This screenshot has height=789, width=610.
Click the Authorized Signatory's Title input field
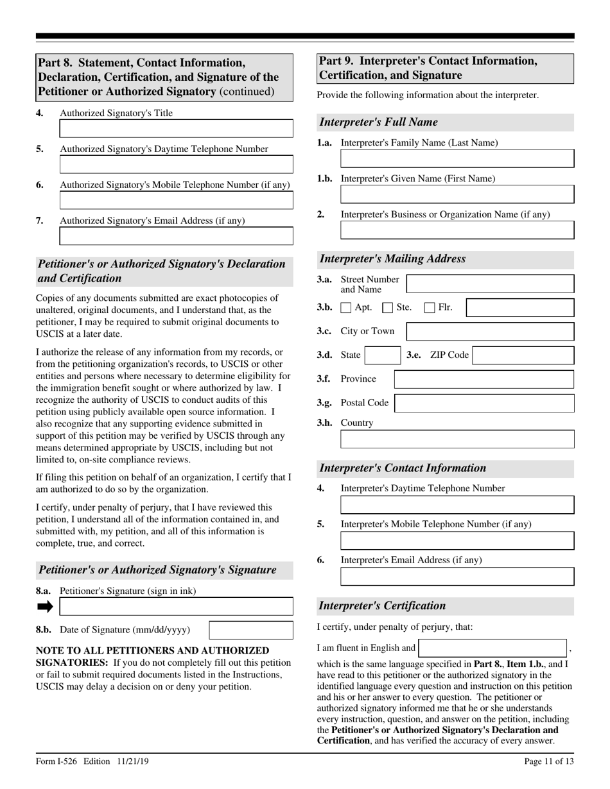tap(176, 128)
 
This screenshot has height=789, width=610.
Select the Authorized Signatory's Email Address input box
tap(176, 236)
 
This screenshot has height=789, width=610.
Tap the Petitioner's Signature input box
tap(176, 606)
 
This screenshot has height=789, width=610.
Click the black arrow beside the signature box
tap(46, 606)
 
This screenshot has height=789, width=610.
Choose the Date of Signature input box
tap(251, 630)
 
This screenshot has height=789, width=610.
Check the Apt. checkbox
tap(346, 308)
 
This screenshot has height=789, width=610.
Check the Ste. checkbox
tap(388, 308)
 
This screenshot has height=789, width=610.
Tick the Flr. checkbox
tap(430, 308)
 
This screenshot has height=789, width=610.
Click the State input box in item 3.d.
tap(383, 355)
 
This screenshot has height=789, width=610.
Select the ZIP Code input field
tap(523, 355)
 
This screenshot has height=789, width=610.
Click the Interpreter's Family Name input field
tap(457, 158)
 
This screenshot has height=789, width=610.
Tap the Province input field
tap(484, 379)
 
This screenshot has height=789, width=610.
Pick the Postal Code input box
tap(484, 403)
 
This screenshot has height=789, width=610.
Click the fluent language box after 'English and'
tap(492, 648)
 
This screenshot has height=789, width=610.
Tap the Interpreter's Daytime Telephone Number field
tap(457, 504)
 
